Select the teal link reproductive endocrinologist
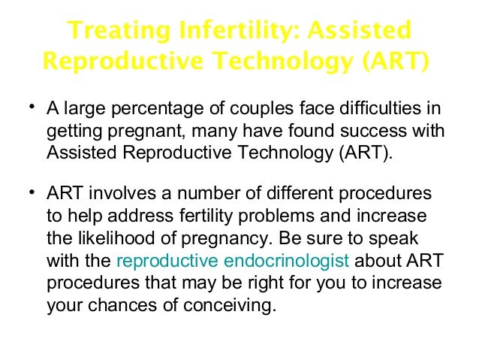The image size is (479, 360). point(233,262)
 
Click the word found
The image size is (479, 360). point(310,132)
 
